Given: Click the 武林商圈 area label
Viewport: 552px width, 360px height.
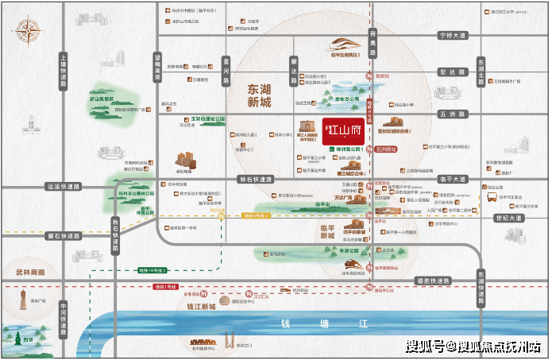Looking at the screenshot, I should (x=30, y=272).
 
